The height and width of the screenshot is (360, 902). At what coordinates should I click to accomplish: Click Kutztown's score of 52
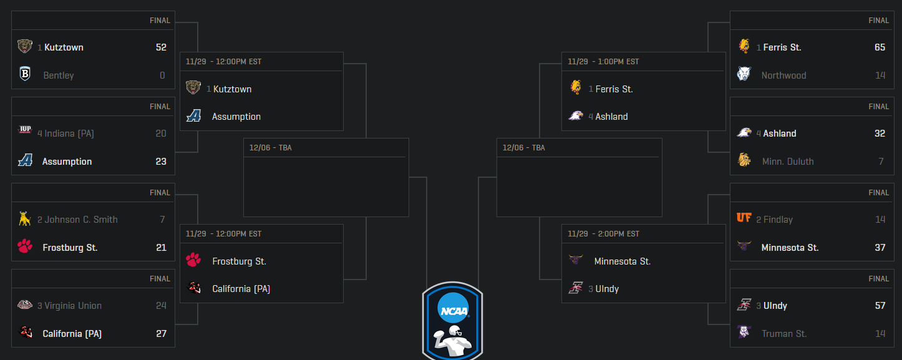click(161, 47)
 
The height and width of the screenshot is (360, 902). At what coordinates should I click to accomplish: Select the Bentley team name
click(59, 75)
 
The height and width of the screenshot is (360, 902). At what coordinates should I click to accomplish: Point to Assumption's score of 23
click(161, 162)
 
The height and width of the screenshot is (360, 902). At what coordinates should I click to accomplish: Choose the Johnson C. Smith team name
click(80, 220)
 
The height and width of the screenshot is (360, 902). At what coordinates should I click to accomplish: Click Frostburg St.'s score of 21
click(161, 248)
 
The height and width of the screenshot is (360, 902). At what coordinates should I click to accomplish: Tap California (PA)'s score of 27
click(161, 334)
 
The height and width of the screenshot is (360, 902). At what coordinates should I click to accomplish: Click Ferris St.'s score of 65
click(880, 47)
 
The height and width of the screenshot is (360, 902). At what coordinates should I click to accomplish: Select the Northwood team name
click(783, 75)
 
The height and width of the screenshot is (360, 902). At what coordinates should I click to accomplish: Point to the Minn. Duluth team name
click(788, 162)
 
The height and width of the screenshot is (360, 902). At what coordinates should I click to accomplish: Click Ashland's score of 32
click(880, 134)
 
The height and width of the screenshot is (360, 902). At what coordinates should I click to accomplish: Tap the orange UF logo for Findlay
click(744, 218)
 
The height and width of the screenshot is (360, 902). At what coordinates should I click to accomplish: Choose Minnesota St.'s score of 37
click(880, 248)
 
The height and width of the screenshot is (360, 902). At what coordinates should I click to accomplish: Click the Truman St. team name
click(784, 334)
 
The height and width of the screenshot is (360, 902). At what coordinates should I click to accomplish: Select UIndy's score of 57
click(880, 306)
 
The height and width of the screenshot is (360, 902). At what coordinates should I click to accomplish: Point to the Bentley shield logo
click(25, 75)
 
